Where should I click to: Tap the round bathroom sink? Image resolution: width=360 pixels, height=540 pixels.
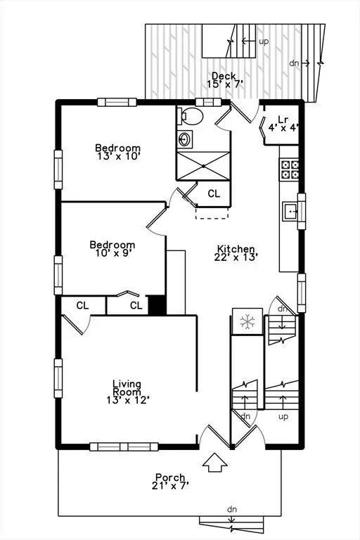tap(186, 139)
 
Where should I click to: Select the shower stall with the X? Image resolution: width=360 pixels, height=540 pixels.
tap(203, 166)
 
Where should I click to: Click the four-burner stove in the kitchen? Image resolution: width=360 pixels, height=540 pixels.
tap(289, 169)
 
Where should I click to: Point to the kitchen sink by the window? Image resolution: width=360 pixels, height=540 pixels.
tap(290, 211)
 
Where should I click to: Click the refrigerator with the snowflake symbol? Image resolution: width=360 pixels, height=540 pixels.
tap(247, 321)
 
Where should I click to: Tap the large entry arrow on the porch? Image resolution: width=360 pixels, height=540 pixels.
tap(215, 463)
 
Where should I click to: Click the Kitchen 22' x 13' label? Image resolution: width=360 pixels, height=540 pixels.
tap(236, 253)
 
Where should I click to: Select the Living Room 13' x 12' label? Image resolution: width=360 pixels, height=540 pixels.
tap(127, 392)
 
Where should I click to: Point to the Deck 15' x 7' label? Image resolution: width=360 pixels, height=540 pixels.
tap(225, 80)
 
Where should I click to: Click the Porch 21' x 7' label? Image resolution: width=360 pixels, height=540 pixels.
tap(170, 482)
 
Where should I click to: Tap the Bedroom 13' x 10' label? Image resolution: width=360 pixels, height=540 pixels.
tap(118, 152)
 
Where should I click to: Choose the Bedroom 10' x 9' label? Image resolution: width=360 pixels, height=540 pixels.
tap(112, 249)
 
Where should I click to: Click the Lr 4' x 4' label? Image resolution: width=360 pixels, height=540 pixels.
tap(283, 124)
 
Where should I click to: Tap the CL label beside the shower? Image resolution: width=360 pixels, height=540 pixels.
tap(214, 193)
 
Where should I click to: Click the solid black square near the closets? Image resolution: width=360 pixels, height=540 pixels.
tap(157, 304)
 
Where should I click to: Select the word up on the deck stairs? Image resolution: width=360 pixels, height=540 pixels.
tap(264, 41)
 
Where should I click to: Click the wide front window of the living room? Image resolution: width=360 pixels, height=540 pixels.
tap(124, 446)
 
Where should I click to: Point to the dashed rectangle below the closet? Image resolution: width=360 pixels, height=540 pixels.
tap(212, 213)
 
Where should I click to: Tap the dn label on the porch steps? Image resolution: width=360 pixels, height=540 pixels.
tap(232, 509)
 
